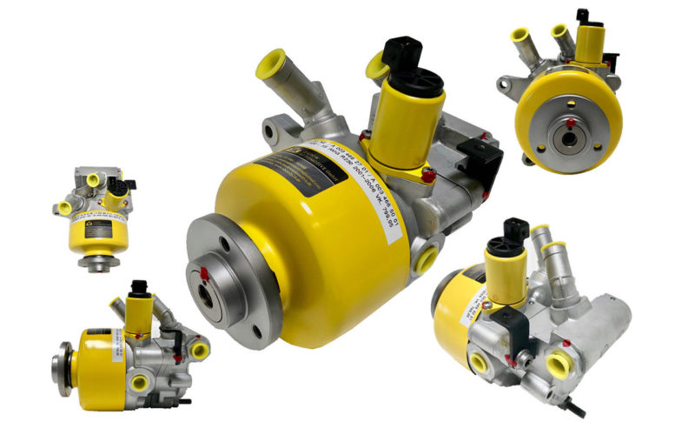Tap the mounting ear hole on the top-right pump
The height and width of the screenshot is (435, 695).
coord(503,84)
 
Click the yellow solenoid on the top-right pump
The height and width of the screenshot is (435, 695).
coord(591,43)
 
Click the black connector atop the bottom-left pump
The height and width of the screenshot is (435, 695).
coord(138,287)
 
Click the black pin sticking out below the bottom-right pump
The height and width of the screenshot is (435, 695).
coord(574,407)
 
